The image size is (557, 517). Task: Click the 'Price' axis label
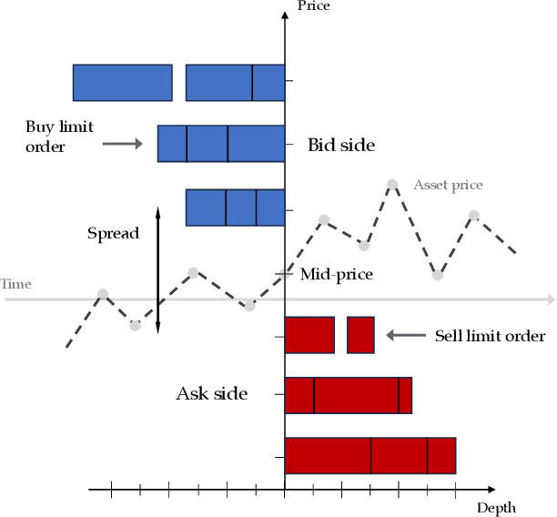313,6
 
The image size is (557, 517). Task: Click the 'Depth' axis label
496,508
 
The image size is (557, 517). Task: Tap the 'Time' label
15,284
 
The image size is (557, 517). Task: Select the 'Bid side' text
341,145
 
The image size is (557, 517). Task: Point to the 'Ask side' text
211,394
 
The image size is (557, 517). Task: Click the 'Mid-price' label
336,273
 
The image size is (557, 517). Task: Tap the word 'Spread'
113,233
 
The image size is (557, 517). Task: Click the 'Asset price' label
448,185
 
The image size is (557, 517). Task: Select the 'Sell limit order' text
490,336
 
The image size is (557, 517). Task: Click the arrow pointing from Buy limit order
122,143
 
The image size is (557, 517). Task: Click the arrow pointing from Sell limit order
406,335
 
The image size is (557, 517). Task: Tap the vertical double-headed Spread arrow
157,270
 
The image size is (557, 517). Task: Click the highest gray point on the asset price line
392,185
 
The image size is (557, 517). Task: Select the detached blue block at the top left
122,82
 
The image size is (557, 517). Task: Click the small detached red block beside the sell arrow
360,335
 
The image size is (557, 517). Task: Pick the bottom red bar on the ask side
370,455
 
